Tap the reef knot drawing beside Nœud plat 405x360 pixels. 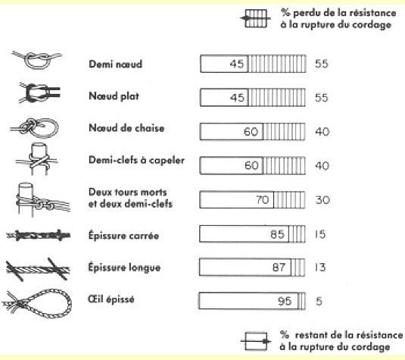click(39, 92)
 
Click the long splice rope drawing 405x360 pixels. click(38, 269)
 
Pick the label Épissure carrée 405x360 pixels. click(123, 236)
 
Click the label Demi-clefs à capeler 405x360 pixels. click(136, 161)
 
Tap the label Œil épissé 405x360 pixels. click(111, 299)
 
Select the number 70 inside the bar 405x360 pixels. click(263, 199)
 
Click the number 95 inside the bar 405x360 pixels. click(285, 301)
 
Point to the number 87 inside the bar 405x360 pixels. click(279, 267)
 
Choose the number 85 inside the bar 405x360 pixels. click(277, 234)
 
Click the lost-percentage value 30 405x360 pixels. click(322, 200)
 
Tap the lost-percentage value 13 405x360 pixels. click(320, 267)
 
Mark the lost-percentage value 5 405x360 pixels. click(319, 301)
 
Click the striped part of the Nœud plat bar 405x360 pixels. click(276, 98)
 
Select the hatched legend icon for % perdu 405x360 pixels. click(256, 18)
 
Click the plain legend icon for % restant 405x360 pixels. click(256, 341)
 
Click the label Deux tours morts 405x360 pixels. click(128, 193)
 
